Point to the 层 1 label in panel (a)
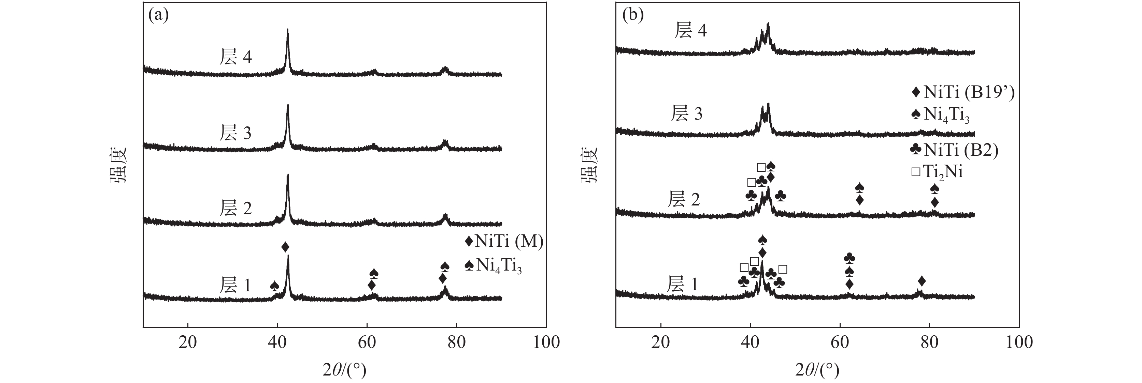[x=235, y=285]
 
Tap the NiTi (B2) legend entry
[x=954, y=150]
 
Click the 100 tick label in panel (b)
[x=1019, y=342]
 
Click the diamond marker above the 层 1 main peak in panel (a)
[x=285, y=247]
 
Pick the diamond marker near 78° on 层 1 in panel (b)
[x=922, y=281]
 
